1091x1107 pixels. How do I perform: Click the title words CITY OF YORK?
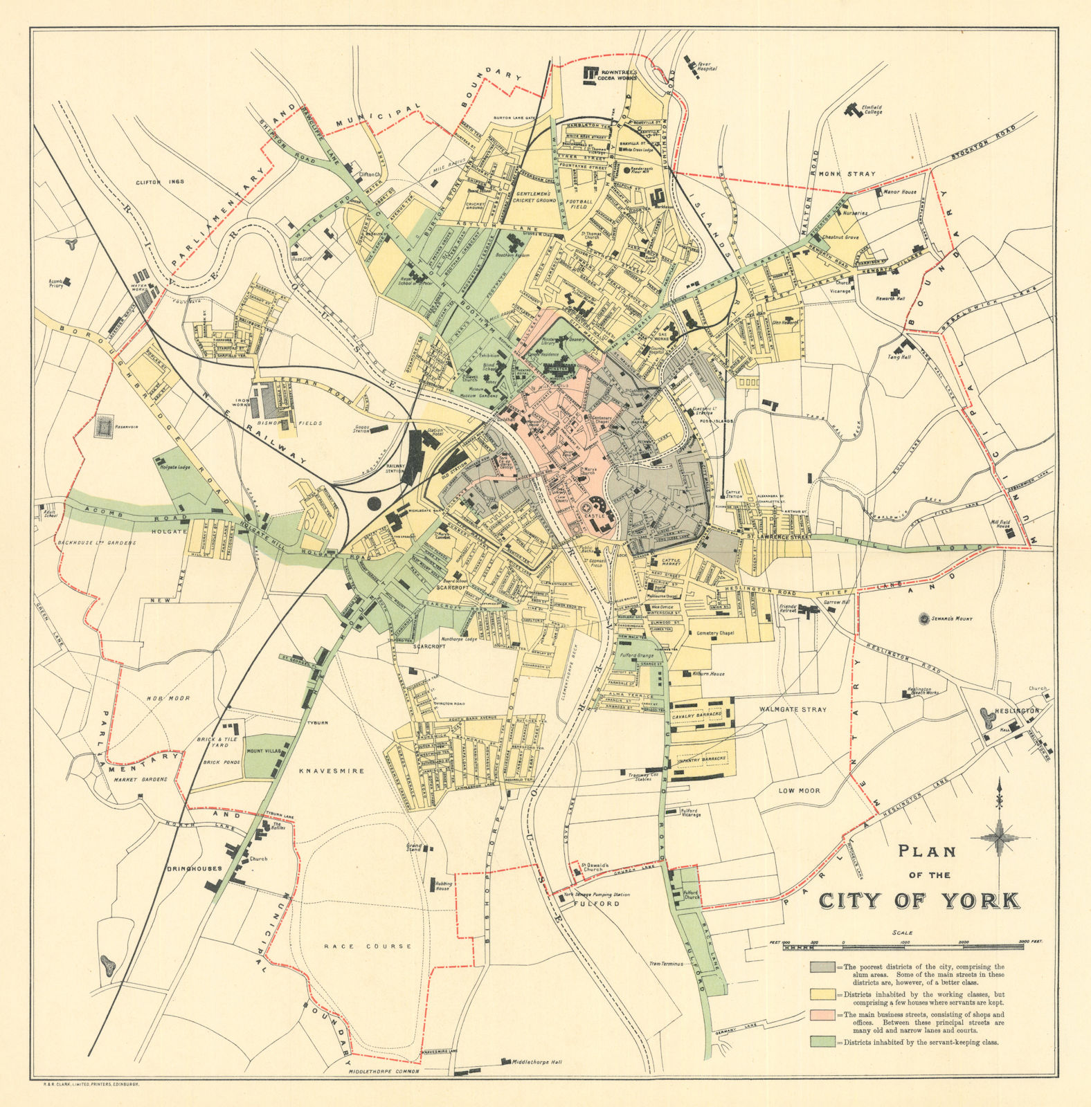pyautogui.click(x=919, y=900)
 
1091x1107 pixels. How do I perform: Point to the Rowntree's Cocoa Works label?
pyautogui.click(x=617, y=74)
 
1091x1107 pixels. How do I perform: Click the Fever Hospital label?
pyautogui.click(x=706, y=66)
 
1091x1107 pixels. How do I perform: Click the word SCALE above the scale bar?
pyautogui.click(x=902, y=932)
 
